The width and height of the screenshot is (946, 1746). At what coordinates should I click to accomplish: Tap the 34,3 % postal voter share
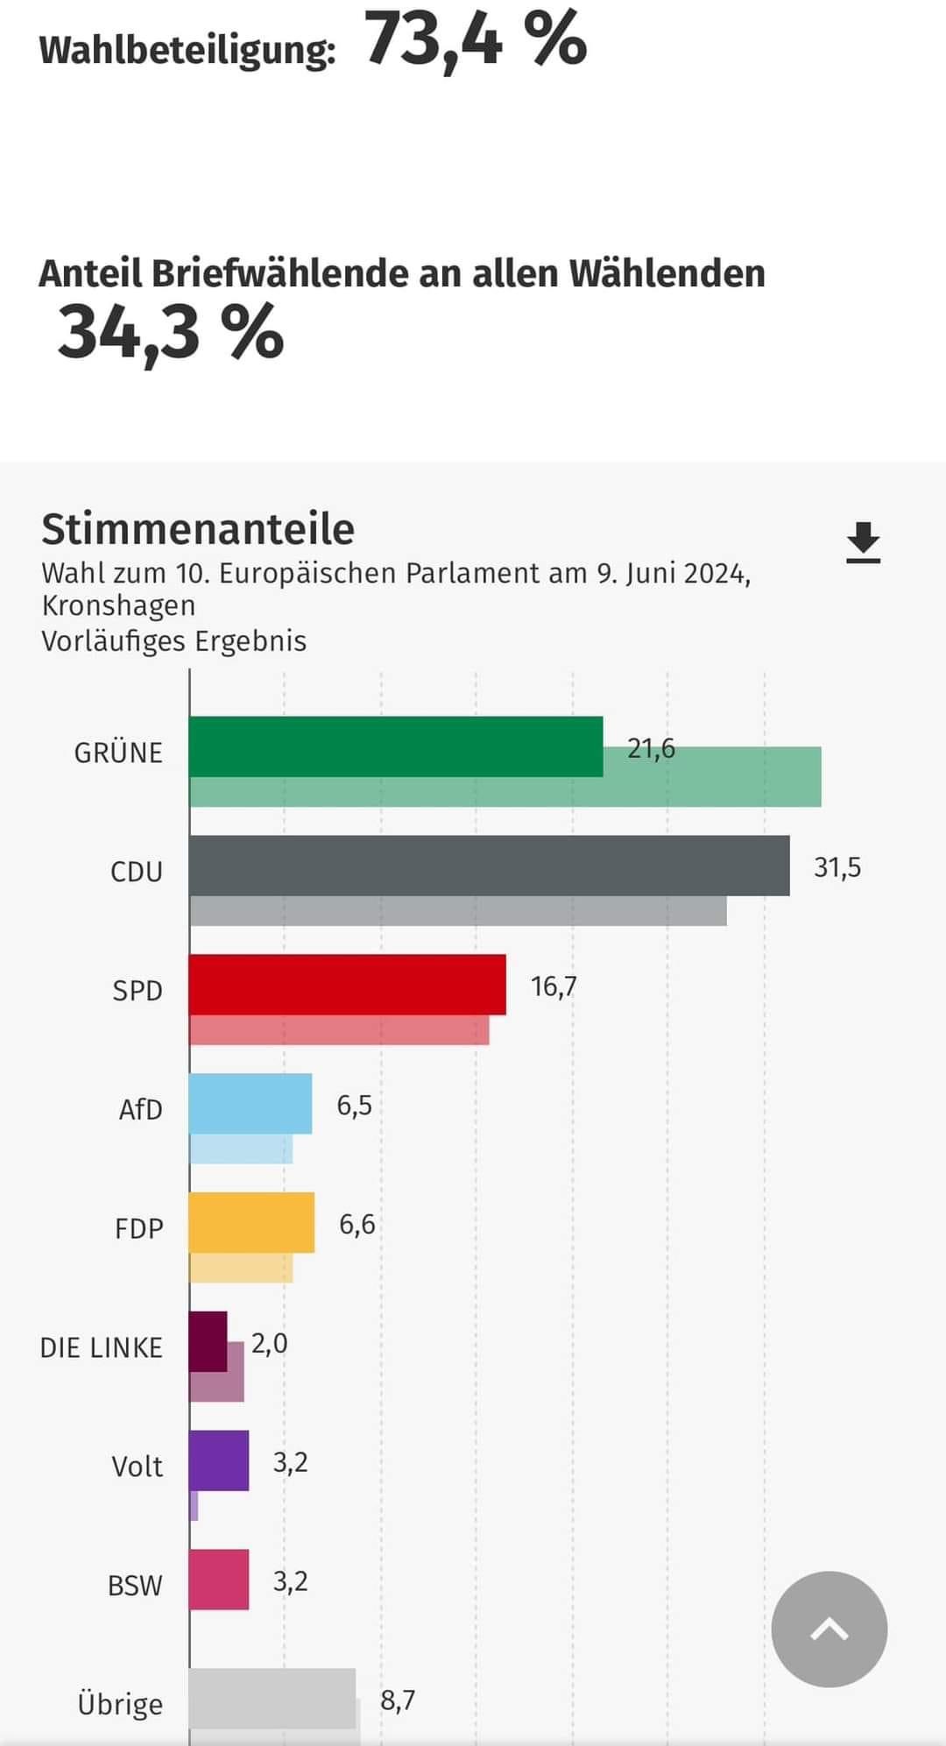coord(171,334)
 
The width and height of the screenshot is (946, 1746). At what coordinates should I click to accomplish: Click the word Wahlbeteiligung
coord(187,50)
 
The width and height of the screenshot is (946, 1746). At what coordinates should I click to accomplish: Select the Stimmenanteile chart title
coord(198,529)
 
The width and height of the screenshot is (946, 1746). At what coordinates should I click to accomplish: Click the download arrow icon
coord(863,542)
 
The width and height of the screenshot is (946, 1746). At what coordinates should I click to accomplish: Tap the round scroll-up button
coord(829,1629)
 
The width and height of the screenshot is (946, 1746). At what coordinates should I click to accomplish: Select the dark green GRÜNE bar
coord(396,746)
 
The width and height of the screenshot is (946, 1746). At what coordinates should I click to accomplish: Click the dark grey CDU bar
coord(489,866)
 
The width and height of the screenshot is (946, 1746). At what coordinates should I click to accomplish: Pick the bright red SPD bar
coord(347,985)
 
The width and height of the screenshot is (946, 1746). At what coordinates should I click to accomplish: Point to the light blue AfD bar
coord(251,1104)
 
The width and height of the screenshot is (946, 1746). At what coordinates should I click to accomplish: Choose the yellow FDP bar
coord(251,1222)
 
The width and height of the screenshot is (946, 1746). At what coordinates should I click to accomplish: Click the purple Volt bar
coord(219,1460)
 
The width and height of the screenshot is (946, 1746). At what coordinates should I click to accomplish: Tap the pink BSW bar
coord(219,1580)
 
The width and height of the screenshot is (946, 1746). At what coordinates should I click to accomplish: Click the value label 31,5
coord(837,867)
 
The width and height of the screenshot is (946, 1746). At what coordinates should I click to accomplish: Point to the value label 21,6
coord(651,748)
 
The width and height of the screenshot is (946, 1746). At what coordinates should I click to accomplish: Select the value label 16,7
coord(554,986)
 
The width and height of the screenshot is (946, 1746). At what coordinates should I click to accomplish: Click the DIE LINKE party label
coord(101,1347)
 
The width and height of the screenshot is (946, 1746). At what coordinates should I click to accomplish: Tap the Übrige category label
coord(120,1704)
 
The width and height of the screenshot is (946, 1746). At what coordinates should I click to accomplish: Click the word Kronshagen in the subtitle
coord(118,605)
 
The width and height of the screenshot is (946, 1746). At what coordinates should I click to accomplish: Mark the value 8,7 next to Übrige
coord(398,1700)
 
